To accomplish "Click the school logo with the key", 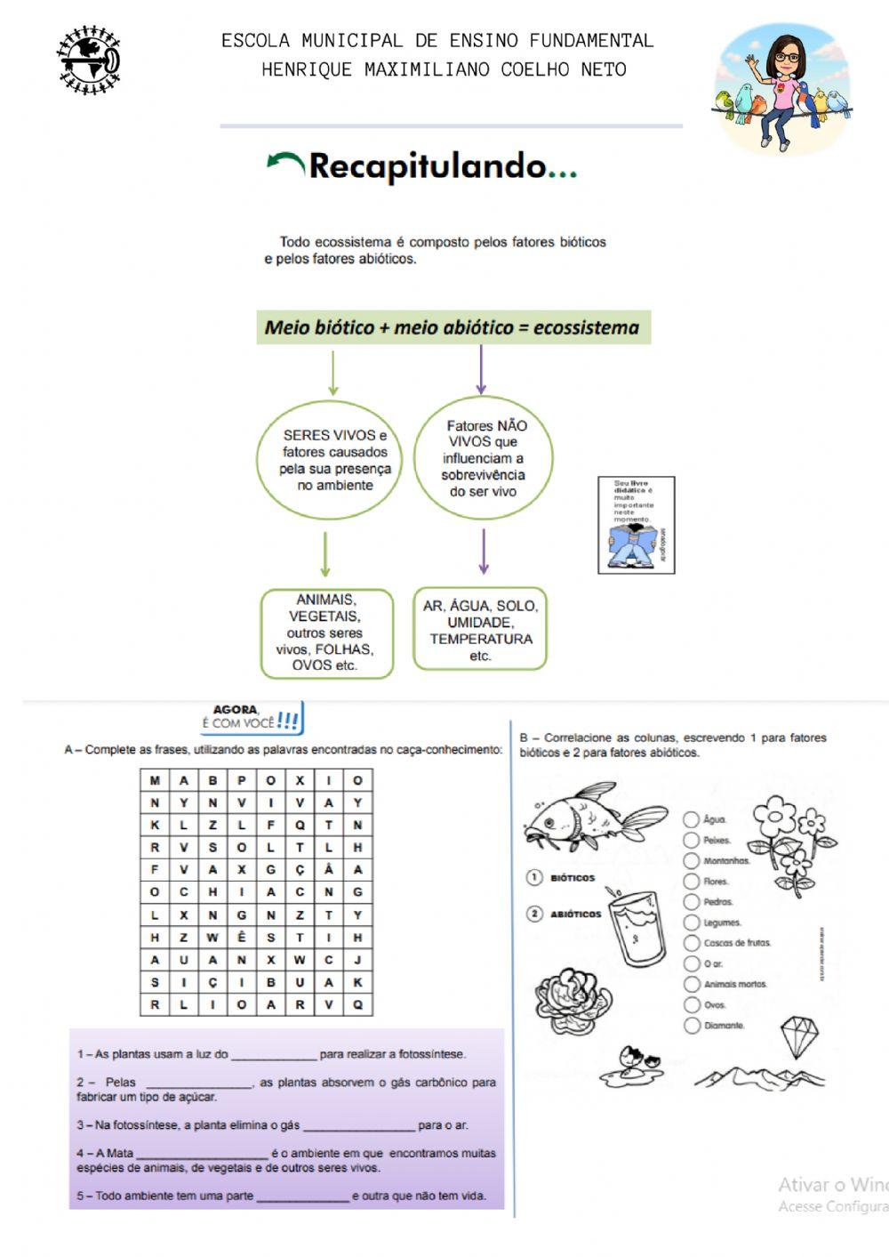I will tap(89, 60).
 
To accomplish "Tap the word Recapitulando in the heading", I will tap(428, 166).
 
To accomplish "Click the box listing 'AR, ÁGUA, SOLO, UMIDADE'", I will tap(480, 630).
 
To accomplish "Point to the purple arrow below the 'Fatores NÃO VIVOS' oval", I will tap(483, 552).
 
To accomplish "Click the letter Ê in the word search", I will tap(242, 938).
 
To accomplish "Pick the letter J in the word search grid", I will tap(357, 960).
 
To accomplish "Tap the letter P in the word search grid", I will tap(242, 780).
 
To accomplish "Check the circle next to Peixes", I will tap(691, 840).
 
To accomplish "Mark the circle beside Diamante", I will tap(691, 1026).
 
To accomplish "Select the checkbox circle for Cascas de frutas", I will tap(691, 943).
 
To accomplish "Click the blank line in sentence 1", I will tap(274, 1055).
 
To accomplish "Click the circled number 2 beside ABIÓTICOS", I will tap(534, 914).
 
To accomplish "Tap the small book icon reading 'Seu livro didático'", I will tap(636, 524).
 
